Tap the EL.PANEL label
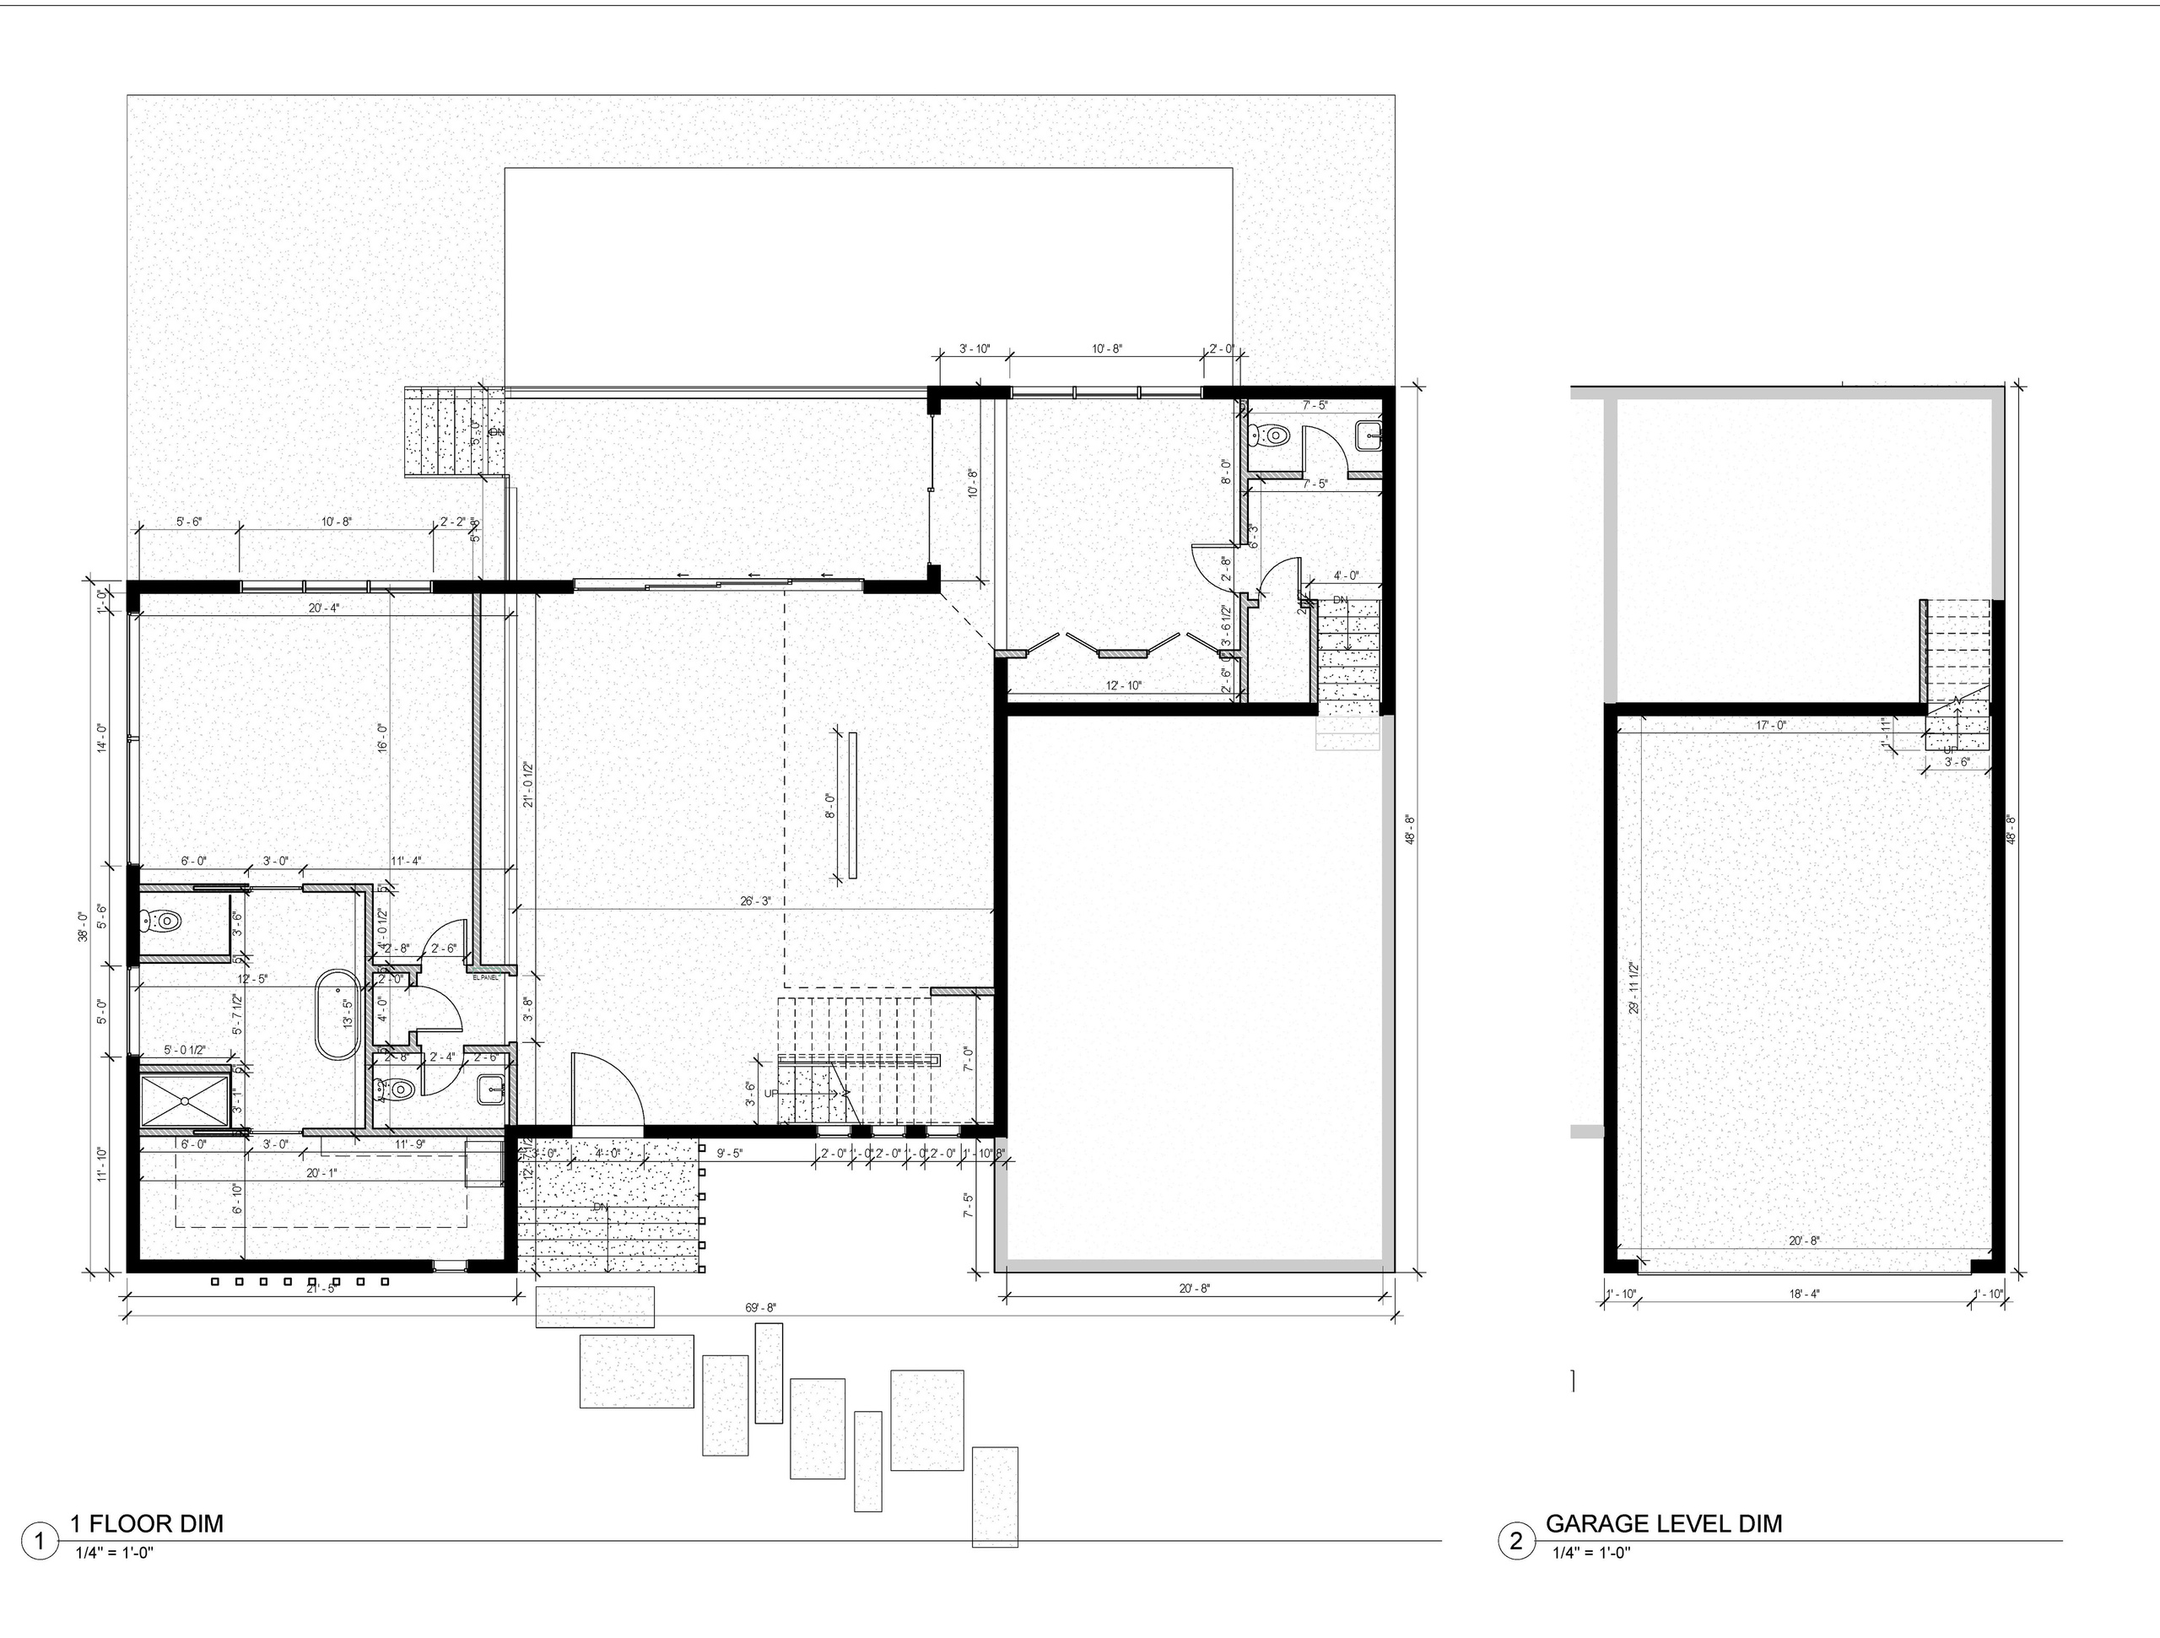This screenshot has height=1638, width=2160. click(485, 976)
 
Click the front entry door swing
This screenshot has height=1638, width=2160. click(607, 1089)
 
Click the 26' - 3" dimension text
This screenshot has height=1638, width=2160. click(756, 901)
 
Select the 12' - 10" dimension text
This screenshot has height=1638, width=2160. click(1123, 686)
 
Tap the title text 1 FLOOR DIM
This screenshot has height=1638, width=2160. click(147, 1524)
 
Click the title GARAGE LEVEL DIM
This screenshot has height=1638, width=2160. click(1663, 1524)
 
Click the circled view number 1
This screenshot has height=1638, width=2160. click(40, 1543)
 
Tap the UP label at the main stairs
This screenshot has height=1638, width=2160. click(771, 1093)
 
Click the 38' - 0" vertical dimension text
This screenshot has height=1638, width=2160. click(84, 926)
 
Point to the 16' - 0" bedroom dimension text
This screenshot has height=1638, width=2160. click(383, 737)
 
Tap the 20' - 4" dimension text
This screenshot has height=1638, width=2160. click(323, 608)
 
